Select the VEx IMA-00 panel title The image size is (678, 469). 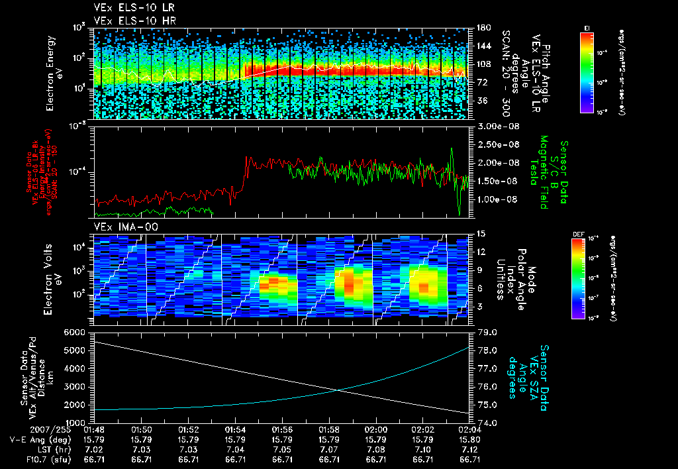click(x=120, y=227)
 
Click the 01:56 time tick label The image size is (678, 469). click(x=283, y=429)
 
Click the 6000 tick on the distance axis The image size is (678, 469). click(x=75, y=332)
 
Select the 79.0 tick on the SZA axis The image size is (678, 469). click(x=485, y=332)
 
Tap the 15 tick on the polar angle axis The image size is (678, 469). click(x=481, y=233)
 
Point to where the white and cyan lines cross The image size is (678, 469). click(x=339, y=390)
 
